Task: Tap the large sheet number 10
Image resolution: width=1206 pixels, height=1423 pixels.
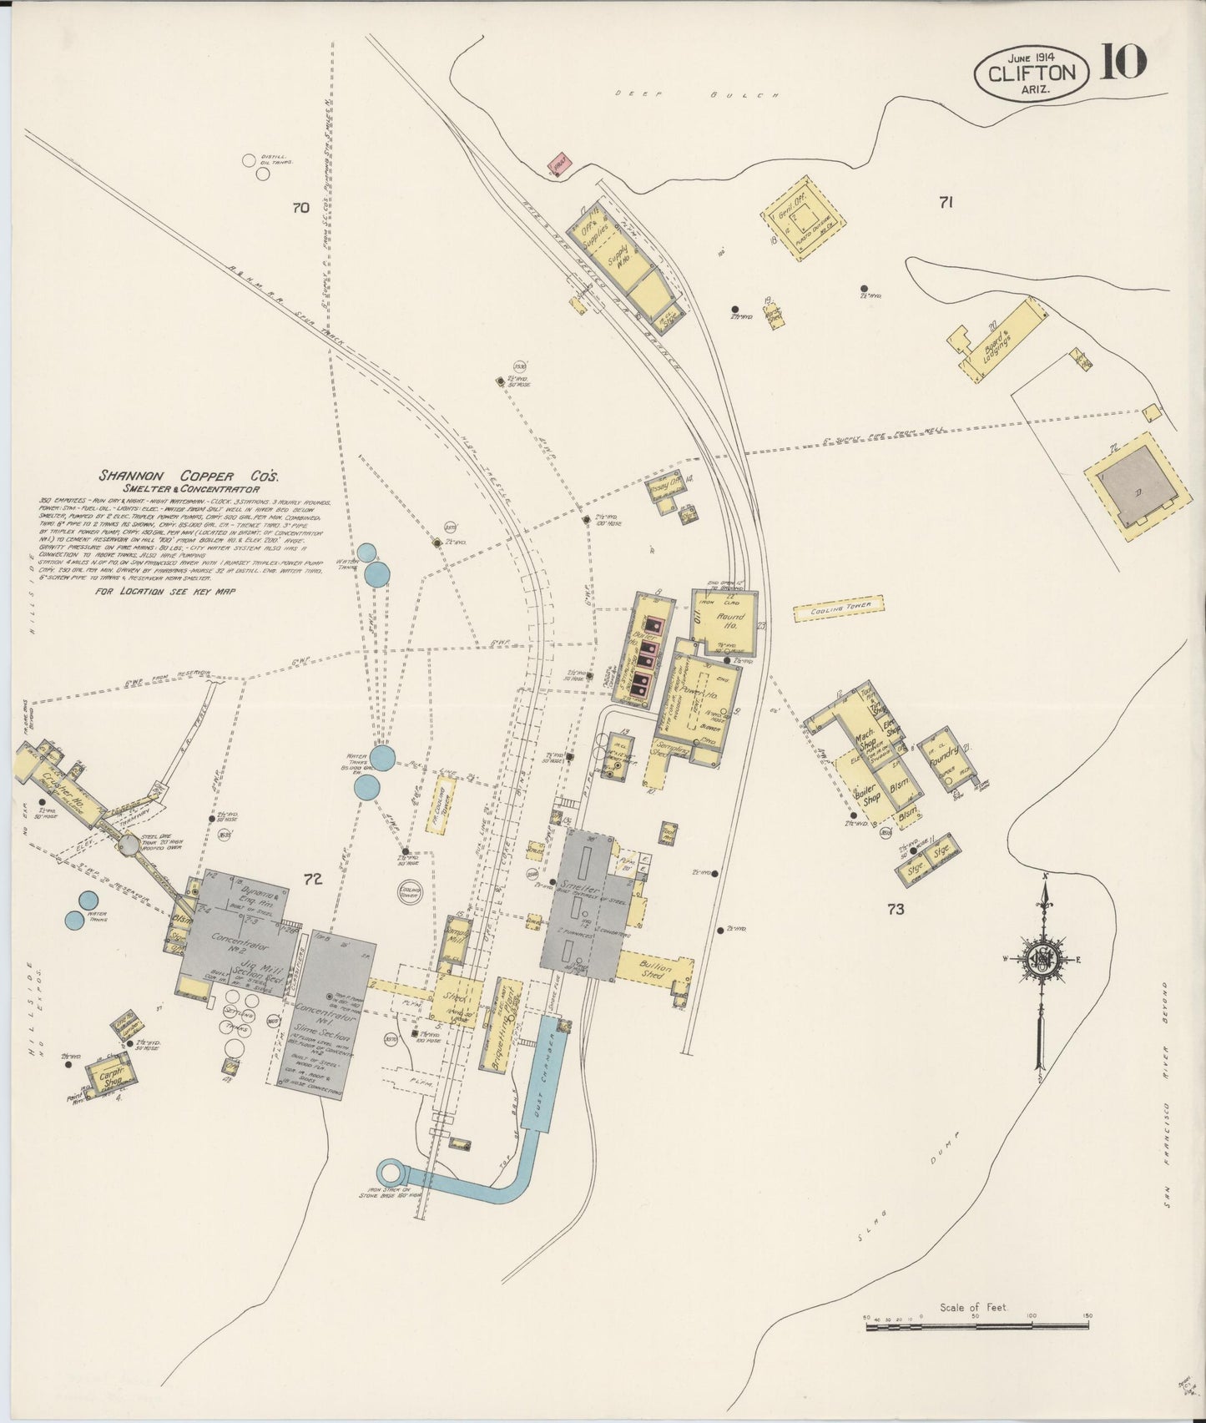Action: (1123, 62)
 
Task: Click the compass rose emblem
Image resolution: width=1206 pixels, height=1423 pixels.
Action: (1042, 958)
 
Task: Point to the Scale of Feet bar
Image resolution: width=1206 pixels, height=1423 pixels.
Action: (976, 1317)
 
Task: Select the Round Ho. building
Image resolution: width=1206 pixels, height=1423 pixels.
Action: (725, 622)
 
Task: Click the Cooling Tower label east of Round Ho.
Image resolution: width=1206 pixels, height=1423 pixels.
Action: (837, 608)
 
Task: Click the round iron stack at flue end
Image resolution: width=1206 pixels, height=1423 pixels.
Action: (390, 1173)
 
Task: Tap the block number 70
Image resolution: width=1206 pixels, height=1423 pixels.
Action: (300, 208)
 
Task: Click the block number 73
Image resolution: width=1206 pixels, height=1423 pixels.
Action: (896, 910)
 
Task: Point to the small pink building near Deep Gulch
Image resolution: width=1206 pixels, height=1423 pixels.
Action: (558, 164)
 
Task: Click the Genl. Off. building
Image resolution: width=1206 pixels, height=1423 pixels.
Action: (803, 218)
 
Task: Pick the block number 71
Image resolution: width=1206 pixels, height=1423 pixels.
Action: (946, 201)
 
